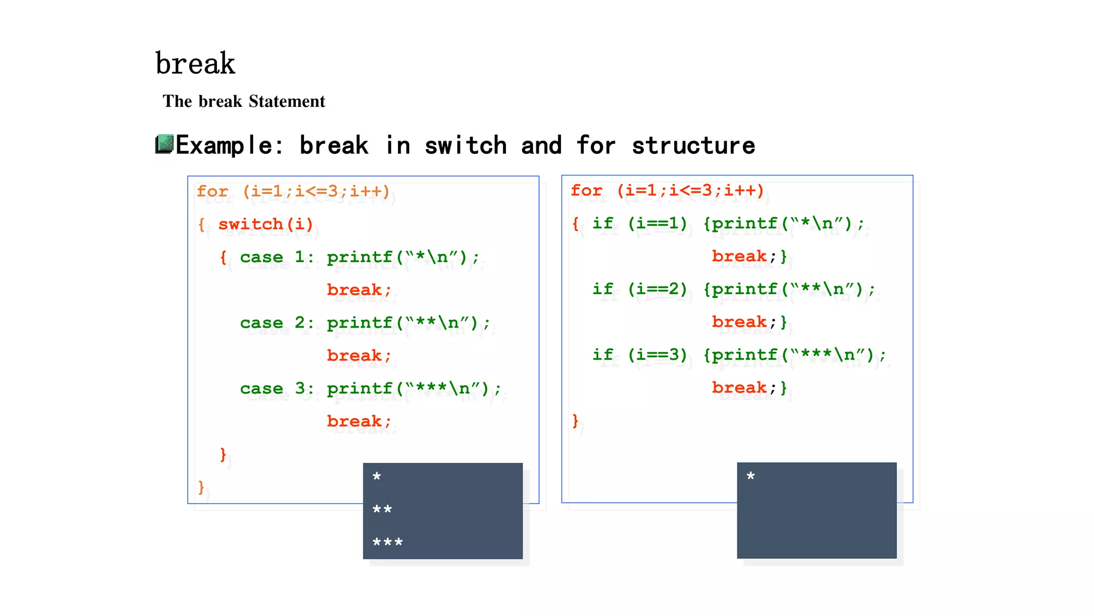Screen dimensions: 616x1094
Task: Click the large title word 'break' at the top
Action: click(195, 64)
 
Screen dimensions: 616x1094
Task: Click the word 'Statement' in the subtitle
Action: click(287, 101)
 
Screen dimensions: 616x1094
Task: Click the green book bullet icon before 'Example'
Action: click(165, 144)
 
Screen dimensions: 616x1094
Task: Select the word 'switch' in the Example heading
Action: click(465, 145)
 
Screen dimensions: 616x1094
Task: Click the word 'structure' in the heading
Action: click(693, 145)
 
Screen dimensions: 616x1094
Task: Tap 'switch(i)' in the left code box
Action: click(265, 224)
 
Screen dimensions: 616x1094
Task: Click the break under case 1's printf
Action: click(355, 290)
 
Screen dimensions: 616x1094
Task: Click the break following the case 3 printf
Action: click(355, 421)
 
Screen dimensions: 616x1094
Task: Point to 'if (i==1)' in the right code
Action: click(639, 223)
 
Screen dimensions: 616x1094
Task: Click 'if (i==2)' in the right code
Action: click(639, 289)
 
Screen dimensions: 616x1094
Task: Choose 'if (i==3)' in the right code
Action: click(639, 355)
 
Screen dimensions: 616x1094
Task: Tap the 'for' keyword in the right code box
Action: click(587, 190)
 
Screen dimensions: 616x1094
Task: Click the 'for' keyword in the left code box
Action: click(213, 191)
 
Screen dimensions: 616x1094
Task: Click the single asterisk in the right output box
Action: click(751, 476)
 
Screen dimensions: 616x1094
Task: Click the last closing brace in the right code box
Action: click(575, 420)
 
